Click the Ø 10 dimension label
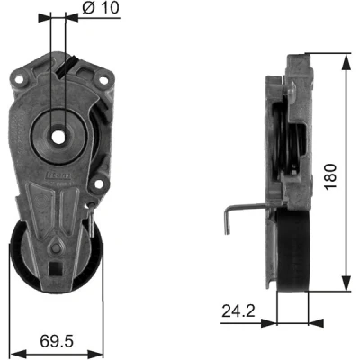tap(101, 8)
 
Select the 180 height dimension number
tap(330, 176)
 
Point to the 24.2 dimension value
tap(238, 311)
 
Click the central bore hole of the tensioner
tap(58, 137)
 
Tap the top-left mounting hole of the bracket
tap(19, 79)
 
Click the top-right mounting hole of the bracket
tap(103, 80)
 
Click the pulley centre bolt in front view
tap(56, 248)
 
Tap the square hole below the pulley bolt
tap(54, 268)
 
